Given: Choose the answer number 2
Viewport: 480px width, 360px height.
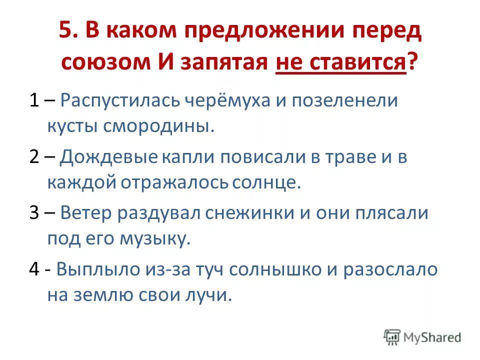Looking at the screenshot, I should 34,157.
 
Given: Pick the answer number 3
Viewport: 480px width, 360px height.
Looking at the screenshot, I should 34,213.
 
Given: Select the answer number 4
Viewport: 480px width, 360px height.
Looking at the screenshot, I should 34,270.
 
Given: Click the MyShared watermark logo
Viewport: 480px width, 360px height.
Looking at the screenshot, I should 422,337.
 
